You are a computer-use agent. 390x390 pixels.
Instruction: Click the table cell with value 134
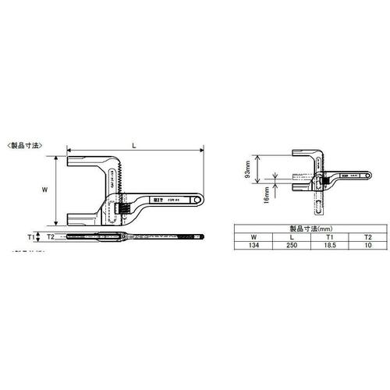tap(253, 245)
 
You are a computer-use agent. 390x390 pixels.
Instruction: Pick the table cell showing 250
tap(291, 245)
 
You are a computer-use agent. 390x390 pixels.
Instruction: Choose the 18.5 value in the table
tap(330, 245)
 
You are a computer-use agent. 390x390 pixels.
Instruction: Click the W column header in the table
tap(253, 237)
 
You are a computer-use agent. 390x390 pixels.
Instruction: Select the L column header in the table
tap(291, 237)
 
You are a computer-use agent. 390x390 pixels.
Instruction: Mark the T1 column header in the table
tap(330, 237)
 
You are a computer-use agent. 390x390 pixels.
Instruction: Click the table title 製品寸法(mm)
tap(310, 229)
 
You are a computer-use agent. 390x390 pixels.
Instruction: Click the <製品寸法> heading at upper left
tap(24, 146)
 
